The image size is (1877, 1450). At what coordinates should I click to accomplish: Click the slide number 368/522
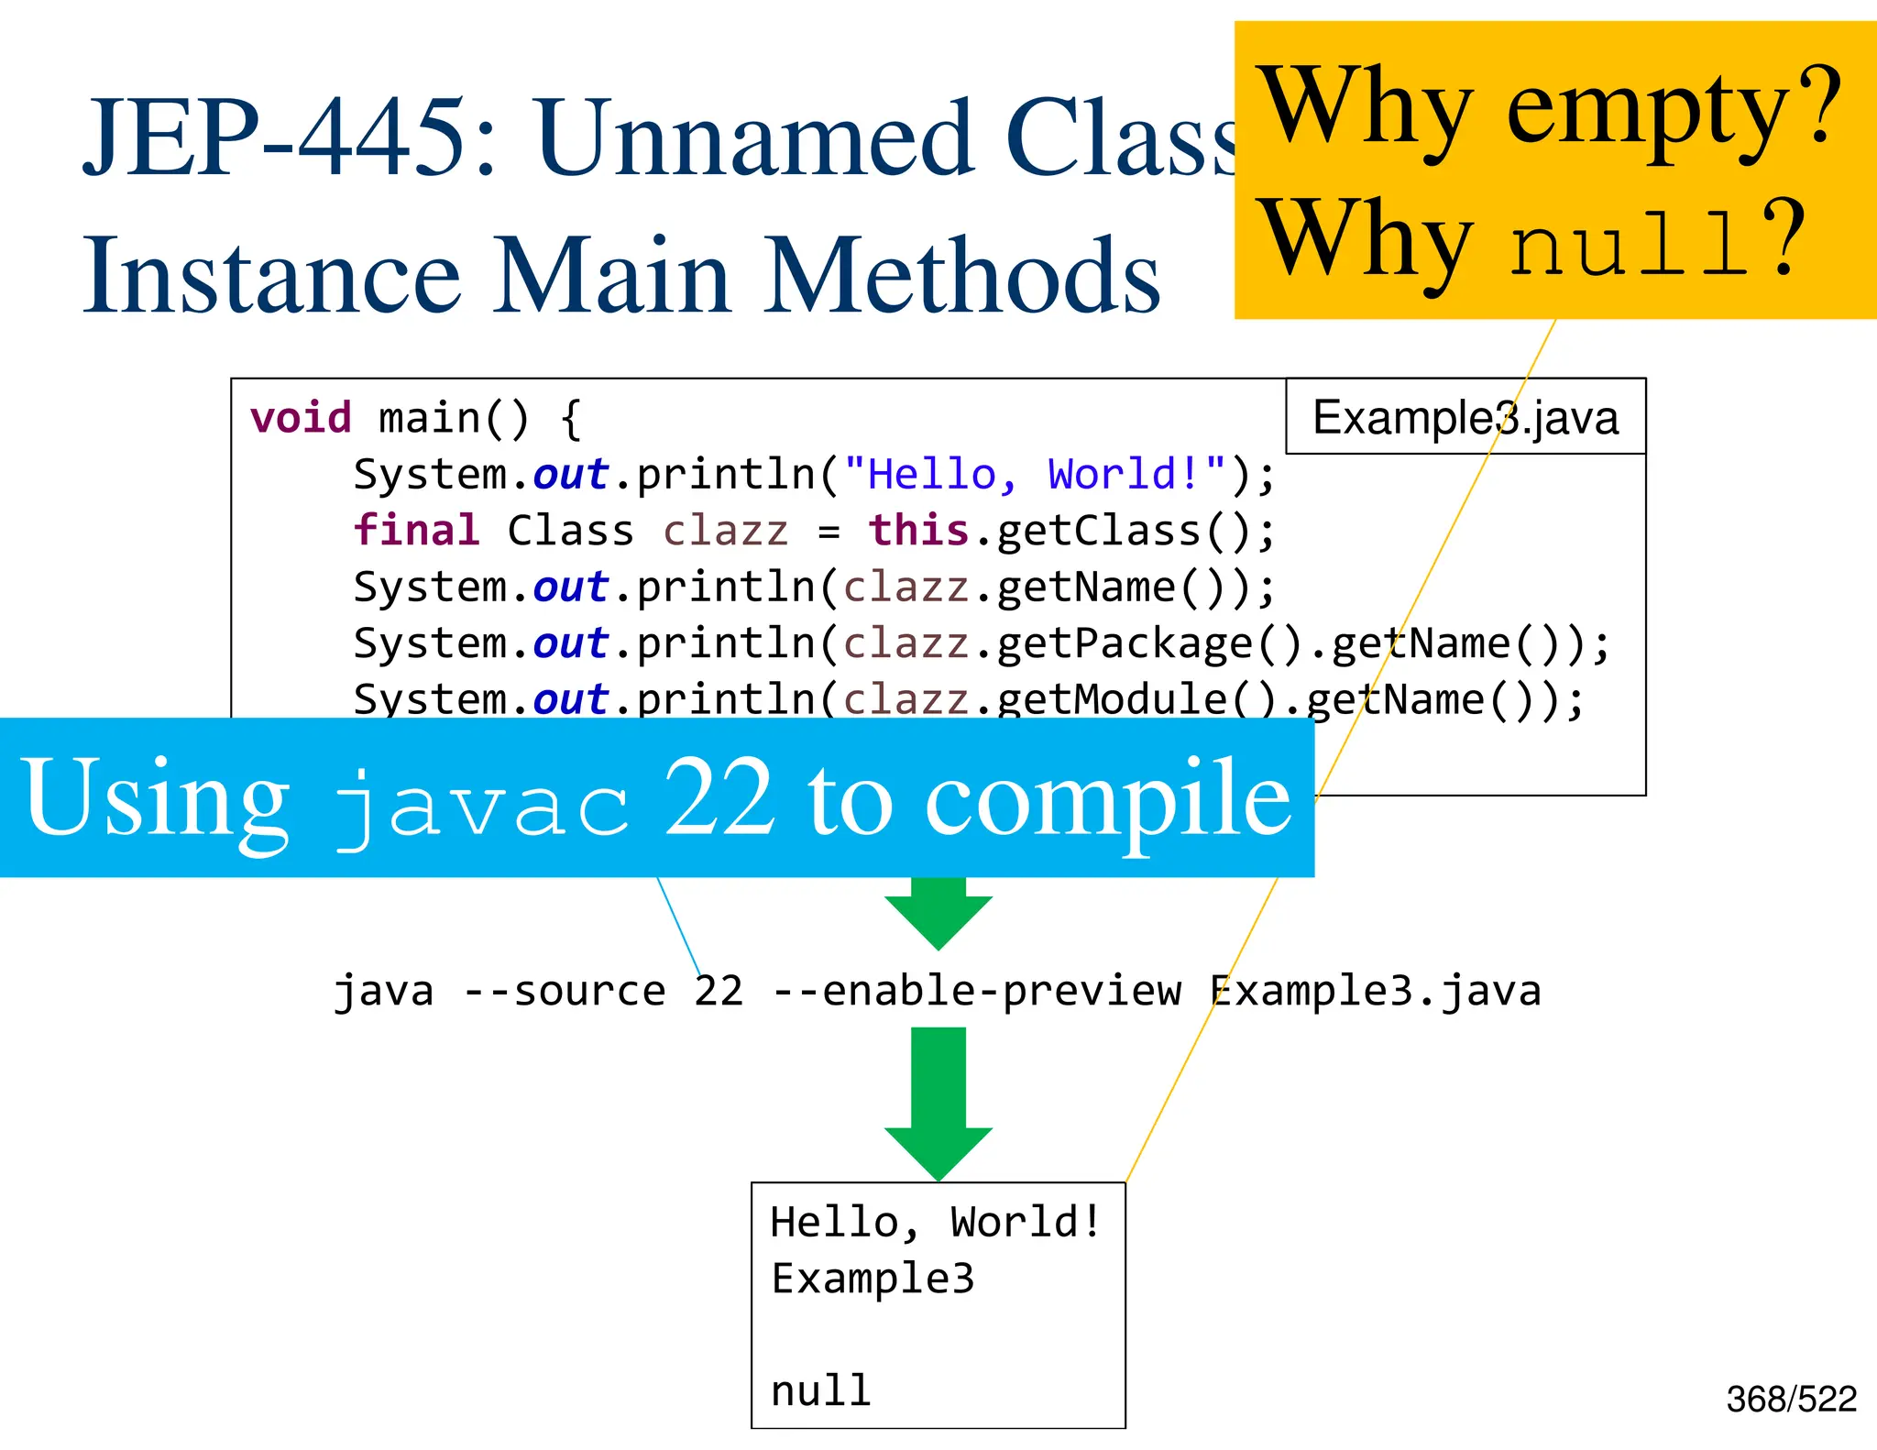point(1791,1400)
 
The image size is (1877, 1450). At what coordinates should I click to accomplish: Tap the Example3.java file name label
point(1465,418)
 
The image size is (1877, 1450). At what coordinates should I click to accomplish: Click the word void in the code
point(301,418)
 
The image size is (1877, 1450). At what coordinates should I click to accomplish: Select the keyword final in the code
point(416,531)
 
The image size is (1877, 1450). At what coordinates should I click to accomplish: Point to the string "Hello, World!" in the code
point(1035,475)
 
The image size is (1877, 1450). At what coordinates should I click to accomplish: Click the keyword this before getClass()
point(918,531)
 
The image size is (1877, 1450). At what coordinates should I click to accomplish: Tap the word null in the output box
point(820,1391)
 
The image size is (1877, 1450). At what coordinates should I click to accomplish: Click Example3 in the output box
point(873,1279)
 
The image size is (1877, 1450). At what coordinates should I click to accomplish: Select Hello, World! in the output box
point(935,1223)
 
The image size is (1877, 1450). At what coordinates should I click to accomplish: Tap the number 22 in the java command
point(719,991)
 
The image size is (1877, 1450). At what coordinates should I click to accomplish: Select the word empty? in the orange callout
point(1673,110)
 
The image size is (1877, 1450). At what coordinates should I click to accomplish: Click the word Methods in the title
point(962,275)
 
